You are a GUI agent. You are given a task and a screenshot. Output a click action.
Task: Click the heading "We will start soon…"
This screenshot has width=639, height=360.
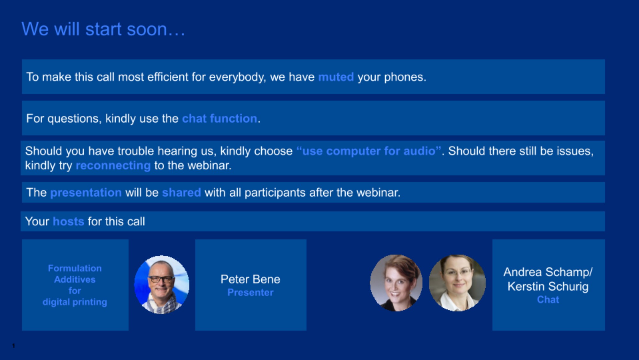click(x=103, y=29)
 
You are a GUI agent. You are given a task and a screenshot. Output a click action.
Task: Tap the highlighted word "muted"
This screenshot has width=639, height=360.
click(x=336, y=77)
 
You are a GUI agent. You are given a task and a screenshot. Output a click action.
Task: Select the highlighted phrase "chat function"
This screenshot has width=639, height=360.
click(x=219, y=119)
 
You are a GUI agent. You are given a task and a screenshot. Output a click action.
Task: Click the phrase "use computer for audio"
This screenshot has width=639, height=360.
click(x=369, y=151)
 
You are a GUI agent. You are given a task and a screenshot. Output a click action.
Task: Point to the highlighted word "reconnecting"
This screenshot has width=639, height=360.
click(x=113, y=166)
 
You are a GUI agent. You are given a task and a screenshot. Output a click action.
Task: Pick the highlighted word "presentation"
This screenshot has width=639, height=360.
click(x=86, y=192)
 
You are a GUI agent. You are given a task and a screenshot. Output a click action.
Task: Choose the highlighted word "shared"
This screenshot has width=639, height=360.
click(x=181, y=192)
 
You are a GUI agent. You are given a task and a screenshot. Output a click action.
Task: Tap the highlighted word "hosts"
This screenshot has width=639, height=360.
click(x=68, y=221)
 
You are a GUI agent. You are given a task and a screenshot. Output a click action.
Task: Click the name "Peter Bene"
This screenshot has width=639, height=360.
click(x=250, y=279)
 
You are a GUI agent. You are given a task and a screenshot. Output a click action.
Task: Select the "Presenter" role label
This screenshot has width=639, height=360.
click(x=250, y=292)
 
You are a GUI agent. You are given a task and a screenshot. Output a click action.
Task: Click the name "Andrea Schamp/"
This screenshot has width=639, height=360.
click(x=548, y=272)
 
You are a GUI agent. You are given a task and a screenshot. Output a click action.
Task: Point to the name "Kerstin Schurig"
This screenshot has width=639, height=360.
click(x=548, y=286)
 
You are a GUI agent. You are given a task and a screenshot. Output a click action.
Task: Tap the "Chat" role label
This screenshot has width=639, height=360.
click(x=548, y=300)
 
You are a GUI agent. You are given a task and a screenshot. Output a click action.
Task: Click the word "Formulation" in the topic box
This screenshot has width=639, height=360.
click(x=75, y=268)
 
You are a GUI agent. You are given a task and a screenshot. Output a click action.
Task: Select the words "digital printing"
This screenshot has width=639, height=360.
click(x=75, y=302)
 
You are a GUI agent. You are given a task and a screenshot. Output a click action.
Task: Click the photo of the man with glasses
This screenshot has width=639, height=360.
click(x=162, y=285)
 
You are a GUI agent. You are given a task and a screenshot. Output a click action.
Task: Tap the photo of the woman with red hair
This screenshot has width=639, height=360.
click(x=396, y=283)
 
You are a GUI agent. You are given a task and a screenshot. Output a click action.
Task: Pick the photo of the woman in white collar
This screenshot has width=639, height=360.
click(x=457, y=283)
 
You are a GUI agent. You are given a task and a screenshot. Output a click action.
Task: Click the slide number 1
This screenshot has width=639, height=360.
click(x=13, y=346)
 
